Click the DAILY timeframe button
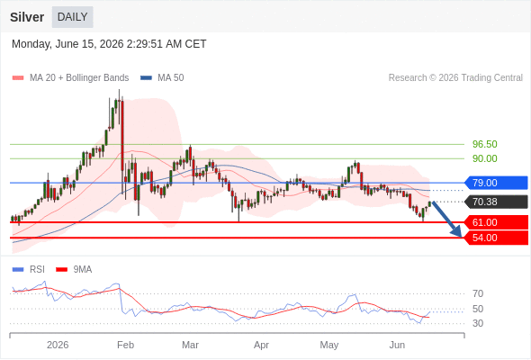(73, 17)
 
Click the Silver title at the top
(27, 17)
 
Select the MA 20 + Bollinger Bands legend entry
(70, 78)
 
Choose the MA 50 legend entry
(162, 78)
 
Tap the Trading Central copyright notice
(455, 78)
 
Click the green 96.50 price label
(485, 144)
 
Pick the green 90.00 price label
(485, 158)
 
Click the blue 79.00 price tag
(496, 183)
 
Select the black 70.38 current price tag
(496, 202)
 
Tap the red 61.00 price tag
(496, 222)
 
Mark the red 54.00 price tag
(496, 238)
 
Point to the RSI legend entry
(29, 269)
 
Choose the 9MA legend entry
(74, 269)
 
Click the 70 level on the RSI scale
(478, 293)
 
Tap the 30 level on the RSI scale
(478, 323)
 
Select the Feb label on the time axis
(125, 345)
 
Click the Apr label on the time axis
(261, 345)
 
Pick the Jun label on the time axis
(397, 345)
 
